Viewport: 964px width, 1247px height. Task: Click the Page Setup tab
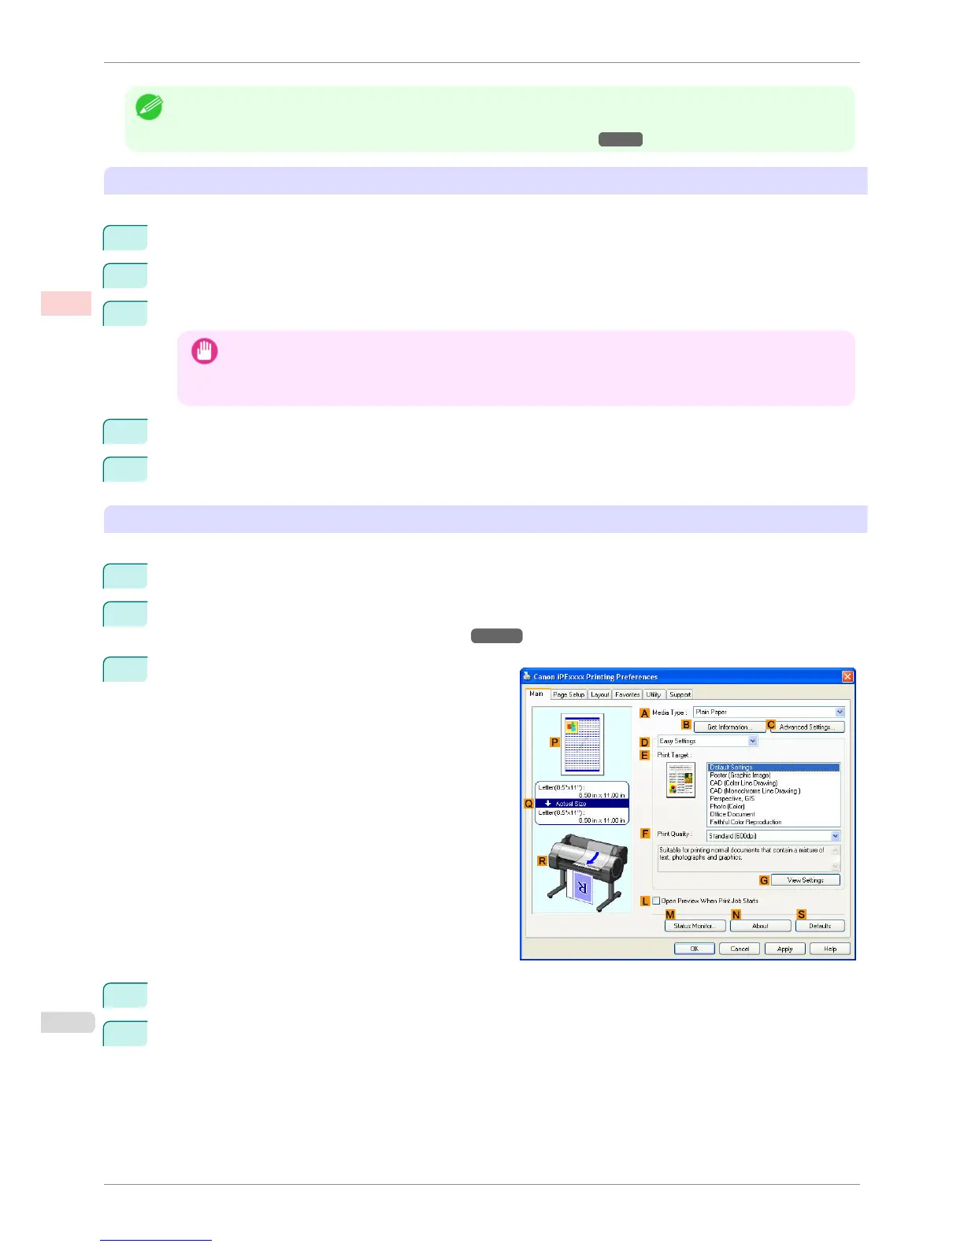[x=569, y=694]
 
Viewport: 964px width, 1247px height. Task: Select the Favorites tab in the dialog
[x=627, y=694]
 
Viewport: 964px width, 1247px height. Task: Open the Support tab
[x=680, y=694]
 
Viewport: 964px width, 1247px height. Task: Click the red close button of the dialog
[x=847, y=676]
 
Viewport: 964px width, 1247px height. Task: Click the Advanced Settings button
[x=807, y=727]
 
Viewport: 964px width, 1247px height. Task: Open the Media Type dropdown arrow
[x=840, y=712]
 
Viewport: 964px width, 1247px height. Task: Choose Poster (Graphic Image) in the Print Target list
[x=740, y=775]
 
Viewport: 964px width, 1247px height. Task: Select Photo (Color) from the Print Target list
[x=727, y=806]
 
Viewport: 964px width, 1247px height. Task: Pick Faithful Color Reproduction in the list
[x=745, y=822]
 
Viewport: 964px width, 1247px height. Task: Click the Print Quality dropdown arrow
[x=835, y=836]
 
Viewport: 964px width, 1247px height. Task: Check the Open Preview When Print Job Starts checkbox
[x=657, y=901]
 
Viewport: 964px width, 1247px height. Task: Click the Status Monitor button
[x=694, y=926]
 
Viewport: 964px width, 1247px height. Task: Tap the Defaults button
[x=819, y=926]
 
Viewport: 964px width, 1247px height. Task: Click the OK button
[x=694, y=949]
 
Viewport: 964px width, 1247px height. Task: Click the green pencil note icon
[x=149, y=107]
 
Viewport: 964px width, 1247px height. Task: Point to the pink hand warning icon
[x=205, y=351]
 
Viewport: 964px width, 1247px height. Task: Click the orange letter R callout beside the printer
[x=542, y=861]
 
